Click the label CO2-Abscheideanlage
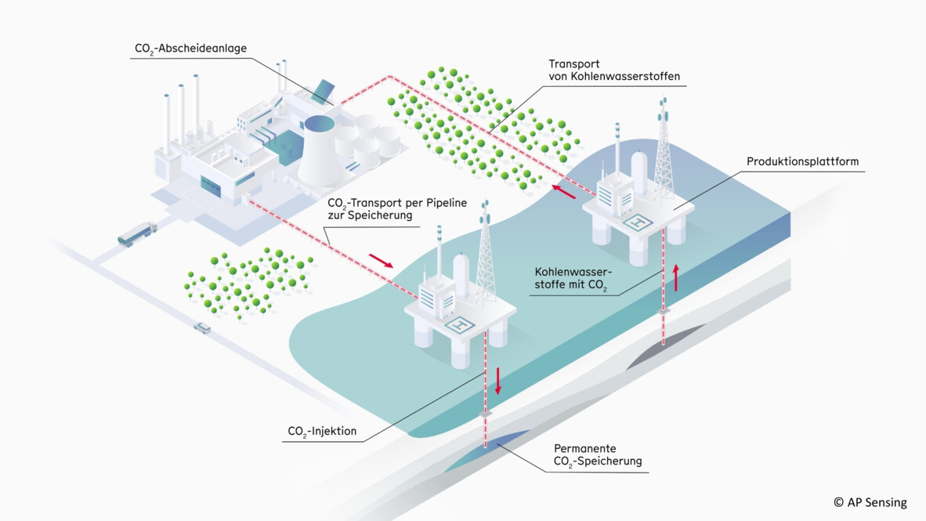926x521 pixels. coord(191,49)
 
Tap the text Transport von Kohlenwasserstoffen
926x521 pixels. coord(613,71)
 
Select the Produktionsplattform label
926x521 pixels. coord(802,162)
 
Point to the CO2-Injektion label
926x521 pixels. coord(322,431)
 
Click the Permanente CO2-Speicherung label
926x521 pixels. coord(597,454)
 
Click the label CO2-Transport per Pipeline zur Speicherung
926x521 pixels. coord(397,208)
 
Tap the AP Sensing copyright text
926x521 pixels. coord(870,502)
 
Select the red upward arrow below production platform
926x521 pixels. coord(675,277)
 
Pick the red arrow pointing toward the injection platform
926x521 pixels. coord(382,259)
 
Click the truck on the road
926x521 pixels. coord(137,233)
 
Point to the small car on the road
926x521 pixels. coord(202,327)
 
